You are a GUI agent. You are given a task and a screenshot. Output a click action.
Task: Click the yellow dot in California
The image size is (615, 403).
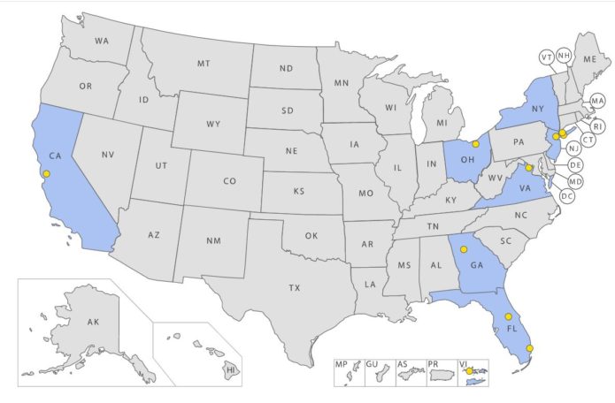tap(47, 174)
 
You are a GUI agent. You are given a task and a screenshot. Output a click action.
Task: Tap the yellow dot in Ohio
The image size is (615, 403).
tap(475, 143)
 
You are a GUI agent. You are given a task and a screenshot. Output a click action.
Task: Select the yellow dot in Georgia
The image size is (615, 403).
tap(463, 249)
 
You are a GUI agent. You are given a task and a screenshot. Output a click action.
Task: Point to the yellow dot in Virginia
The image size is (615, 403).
tap(529, 166)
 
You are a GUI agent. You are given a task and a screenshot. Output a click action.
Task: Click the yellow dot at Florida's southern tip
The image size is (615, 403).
tap(529, 348)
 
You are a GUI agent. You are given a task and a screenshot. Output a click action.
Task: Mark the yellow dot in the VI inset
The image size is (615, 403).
tap(471, 371)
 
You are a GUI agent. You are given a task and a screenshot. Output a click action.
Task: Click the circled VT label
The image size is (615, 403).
tap(546, 57)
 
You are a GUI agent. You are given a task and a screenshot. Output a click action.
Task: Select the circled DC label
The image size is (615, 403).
tap(567, 195)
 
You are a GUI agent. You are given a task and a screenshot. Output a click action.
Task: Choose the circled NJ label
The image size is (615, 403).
tap(573, 148)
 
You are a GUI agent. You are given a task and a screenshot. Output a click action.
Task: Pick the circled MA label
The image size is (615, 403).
tap(597, 101)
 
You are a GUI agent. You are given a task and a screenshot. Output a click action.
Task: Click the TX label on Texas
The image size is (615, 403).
tap(294, 287)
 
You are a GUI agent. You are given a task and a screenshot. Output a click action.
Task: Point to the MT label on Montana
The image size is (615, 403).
tap(204, 64)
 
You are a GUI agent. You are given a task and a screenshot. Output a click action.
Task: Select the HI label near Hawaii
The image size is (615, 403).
tap(229, 369)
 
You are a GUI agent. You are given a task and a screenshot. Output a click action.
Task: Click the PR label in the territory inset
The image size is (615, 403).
tap(434, 363)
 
